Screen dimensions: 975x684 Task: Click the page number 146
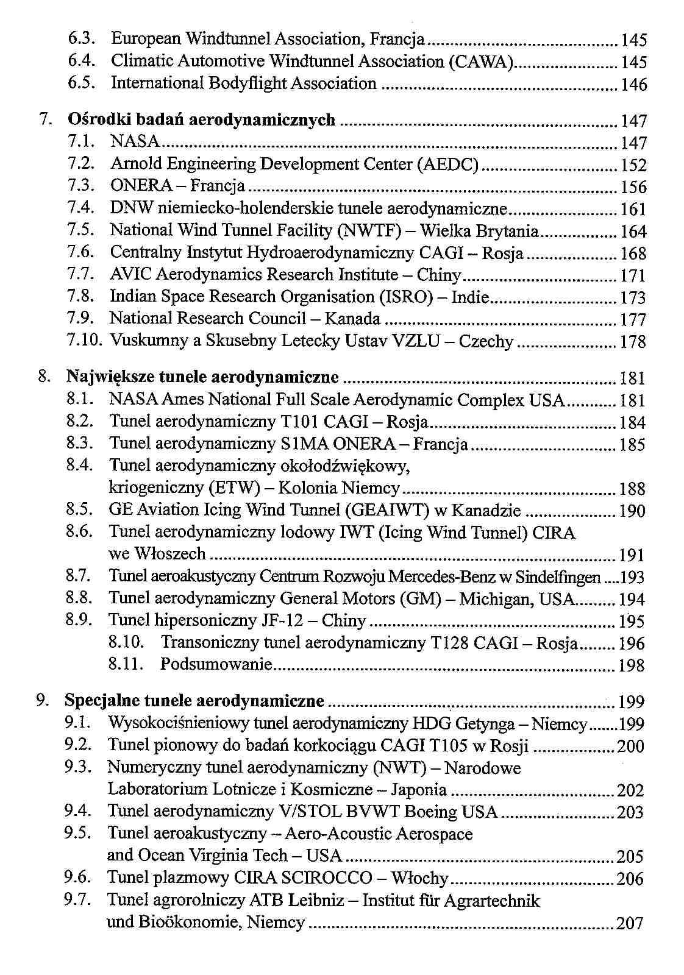point(633,85)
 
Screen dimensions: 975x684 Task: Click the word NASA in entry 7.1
point(135,142)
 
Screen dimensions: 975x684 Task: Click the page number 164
point(633,232)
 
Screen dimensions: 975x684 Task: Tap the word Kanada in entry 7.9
point(352,319)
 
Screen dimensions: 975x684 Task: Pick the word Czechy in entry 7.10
point(486,341)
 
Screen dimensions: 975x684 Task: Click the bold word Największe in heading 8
point(110,378)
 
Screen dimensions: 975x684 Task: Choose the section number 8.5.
point(79,509)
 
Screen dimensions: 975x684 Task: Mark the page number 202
point(630,790)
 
